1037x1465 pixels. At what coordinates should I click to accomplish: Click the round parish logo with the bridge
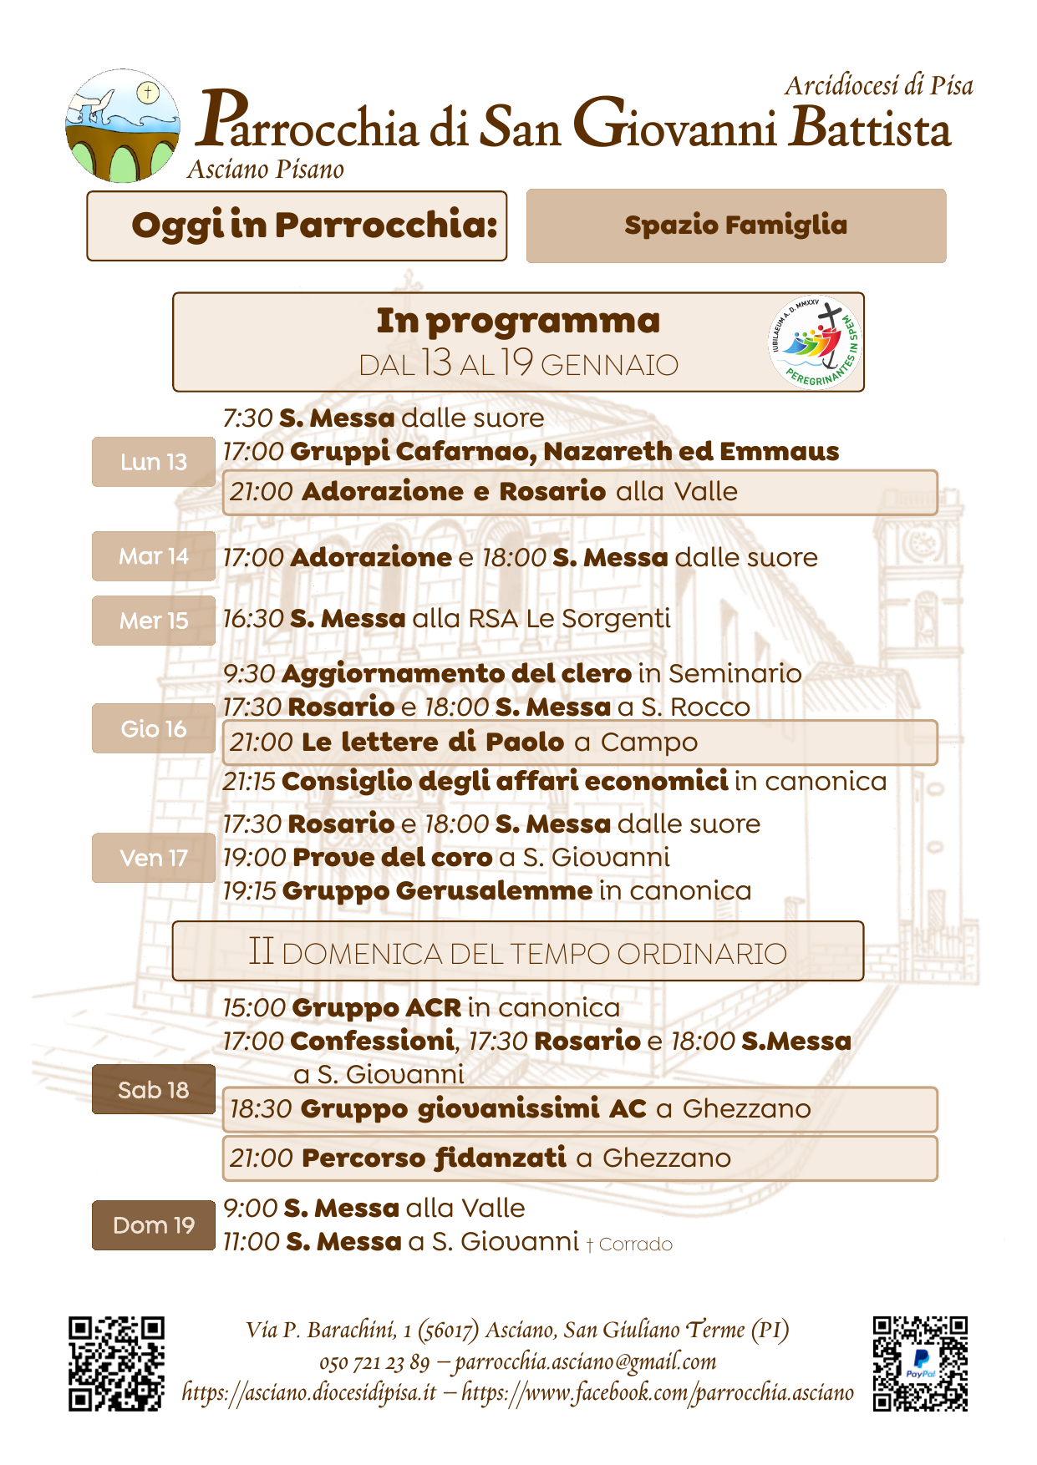123,126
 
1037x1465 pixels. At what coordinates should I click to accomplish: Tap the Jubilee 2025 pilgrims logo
815,342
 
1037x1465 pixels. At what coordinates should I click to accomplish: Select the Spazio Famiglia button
736,226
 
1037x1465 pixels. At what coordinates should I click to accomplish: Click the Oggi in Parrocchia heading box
297,226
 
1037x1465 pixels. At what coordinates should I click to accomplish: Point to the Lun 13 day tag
154,462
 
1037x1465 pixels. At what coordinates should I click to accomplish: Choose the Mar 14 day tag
154,556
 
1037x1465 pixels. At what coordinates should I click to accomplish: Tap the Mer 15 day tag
154,621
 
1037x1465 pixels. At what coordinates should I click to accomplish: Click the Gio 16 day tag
154,728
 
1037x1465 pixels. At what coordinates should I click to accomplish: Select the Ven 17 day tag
154,858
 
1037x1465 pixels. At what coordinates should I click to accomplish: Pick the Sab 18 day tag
154,1089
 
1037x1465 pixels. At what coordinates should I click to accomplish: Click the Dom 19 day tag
154,1225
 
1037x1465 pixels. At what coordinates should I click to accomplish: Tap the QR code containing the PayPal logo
920,1364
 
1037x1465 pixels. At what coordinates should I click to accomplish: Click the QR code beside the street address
116,1364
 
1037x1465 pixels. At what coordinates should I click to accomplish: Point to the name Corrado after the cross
636,1244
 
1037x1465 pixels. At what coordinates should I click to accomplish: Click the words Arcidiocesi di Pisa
879,85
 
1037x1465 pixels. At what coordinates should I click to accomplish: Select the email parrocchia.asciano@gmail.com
586,1362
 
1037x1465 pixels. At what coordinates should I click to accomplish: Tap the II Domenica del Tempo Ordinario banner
518,951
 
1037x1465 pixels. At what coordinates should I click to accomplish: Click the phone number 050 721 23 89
374,1363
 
